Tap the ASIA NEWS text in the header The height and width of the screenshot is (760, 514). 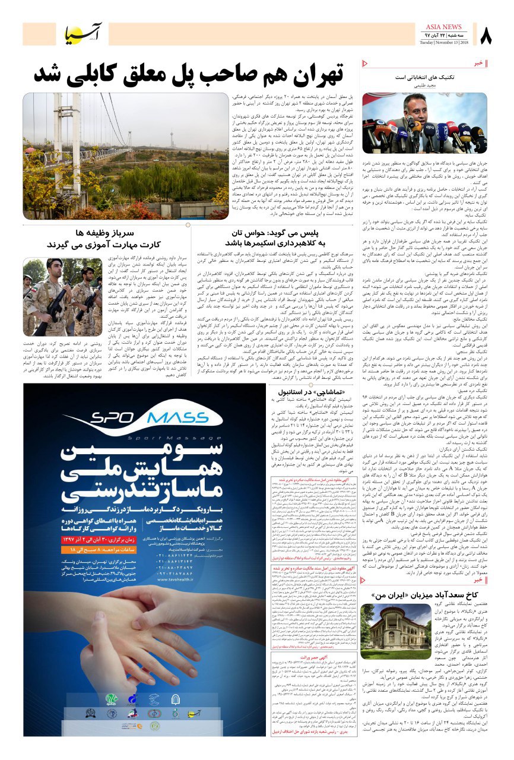[443, 27]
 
